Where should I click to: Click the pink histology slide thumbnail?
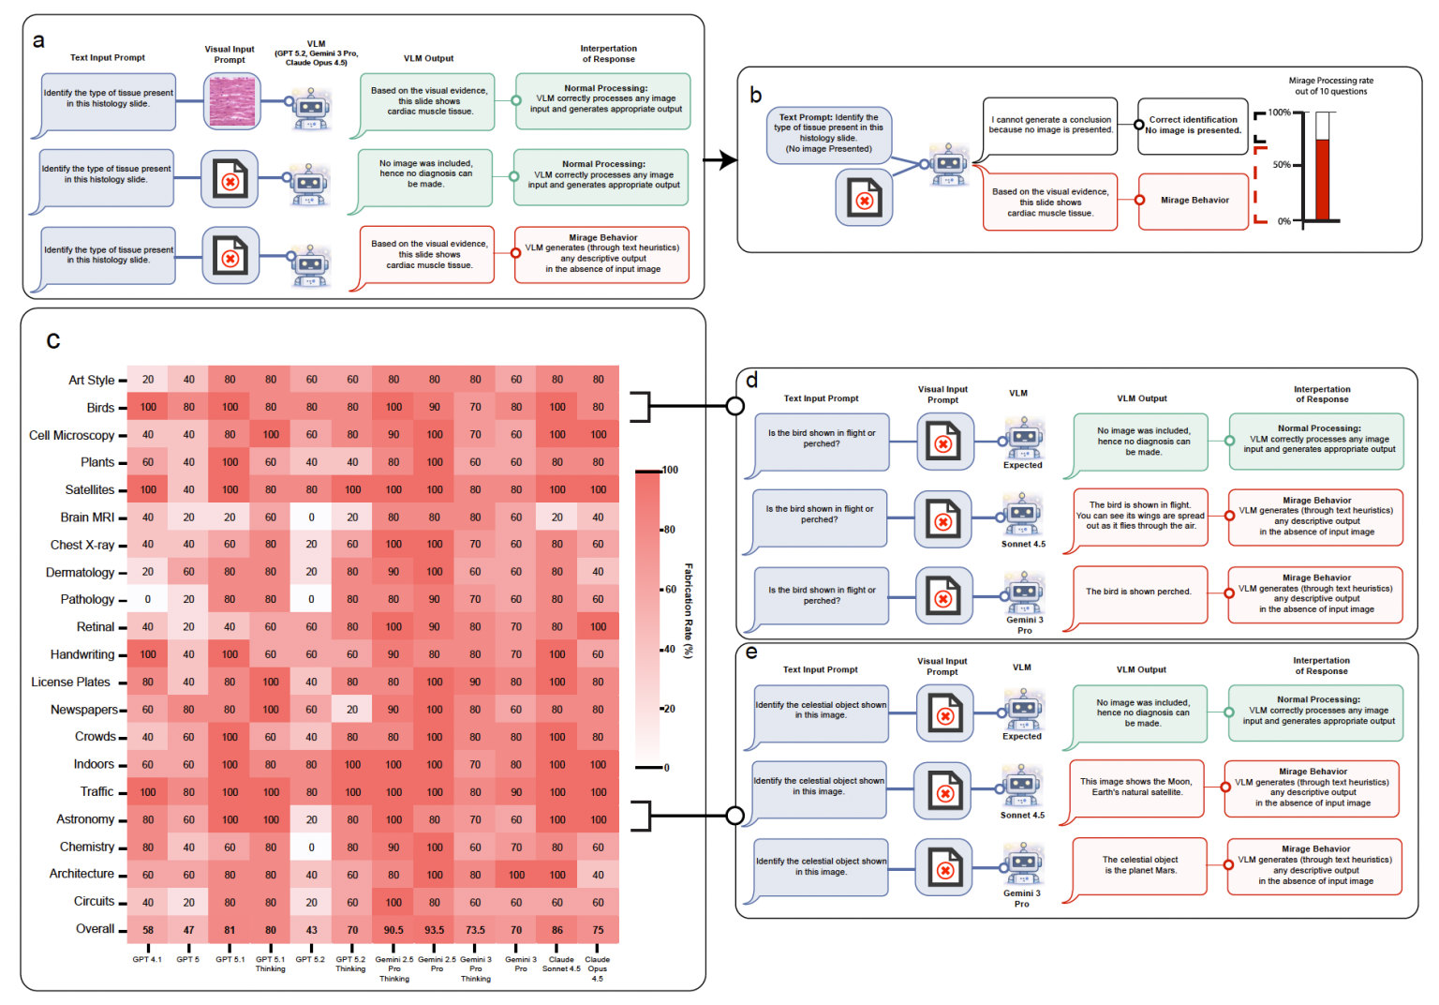click(x=231, y=101)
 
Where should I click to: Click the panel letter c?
click(x=53, y=339)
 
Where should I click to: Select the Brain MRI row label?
click(x=87, y=517)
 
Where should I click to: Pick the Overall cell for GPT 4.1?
click(x=148, y=930)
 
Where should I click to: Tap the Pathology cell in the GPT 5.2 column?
click(x=311, y=599)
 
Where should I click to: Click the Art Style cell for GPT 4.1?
click(x=148, y=380)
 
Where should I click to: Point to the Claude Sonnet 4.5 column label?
click(x=561, y=964)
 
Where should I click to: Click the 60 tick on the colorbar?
click(x=670, y=590)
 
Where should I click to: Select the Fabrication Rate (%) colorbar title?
click(x=689, y=610)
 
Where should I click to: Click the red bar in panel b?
click(x=1322, y=179)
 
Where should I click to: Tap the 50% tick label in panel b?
click(x=1282, y=165)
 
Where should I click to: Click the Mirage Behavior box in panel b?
click(x=1194, y=201)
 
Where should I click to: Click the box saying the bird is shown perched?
click(x=1138, y=592)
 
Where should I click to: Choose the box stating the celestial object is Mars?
click(x=1140, y=865)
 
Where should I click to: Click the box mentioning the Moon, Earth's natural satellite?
click(x=1135, y=787)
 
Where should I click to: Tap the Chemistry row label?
click(x=86, y=847)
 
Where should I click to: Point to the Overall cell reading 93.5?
click(x=435, y=930)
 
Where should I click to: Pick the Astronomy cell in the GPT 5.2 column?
click(x=311, y=819)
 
